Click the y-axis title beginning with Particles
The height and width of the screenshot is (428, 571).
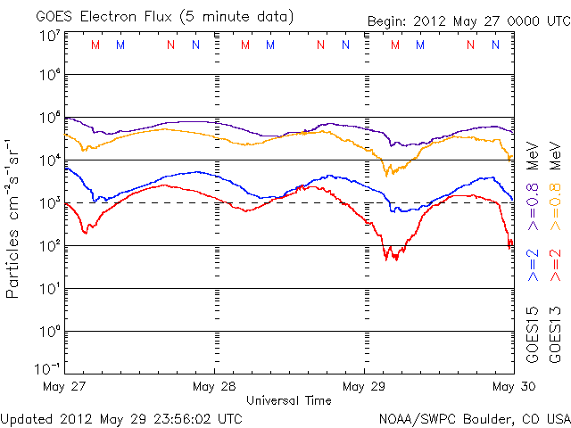tap(12, 218)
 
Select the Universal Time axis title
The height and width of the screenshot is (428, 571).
tap(289, 400)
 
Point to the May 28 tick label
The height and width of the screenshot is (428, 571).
tap(214, 386)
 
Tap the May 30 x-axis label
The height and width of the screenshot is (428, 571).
tap(514, 386)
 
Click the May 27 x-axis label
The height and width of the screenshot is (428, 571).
tap(64, 386)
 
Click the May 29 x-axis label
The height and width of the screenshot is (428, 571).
tap(364, 386)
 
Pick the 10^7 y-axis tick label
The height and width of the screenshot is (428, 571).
tap(50, 36)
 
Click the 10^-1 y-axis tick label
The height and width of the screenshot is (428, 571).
tap(47, 369)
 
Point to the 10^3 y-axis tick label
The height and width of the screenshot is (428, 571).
tap(50, 203)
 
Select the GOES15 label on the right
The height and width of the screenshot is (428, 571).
tap(533, 335)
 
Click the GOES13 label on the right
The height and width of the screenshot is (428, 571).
tap(555, 335)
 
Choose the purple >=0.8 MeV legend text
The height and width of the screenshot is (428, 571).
tap(533, 186)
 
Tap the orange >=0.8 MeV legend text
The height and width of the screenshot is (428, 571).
tap(555, 186)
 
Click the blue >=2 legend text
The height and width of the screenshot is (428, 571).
tap(533, 265)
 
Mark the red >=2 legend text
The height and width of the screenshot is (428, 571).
tap(555, 265)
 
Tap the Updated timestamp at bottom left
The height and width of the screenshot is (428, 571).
tap(121, 419)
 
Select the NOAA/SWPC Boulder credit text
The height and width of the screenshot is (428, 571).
tap(475, 419)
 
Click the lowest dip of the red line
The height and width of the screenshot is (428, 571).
tap(386, 260)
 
